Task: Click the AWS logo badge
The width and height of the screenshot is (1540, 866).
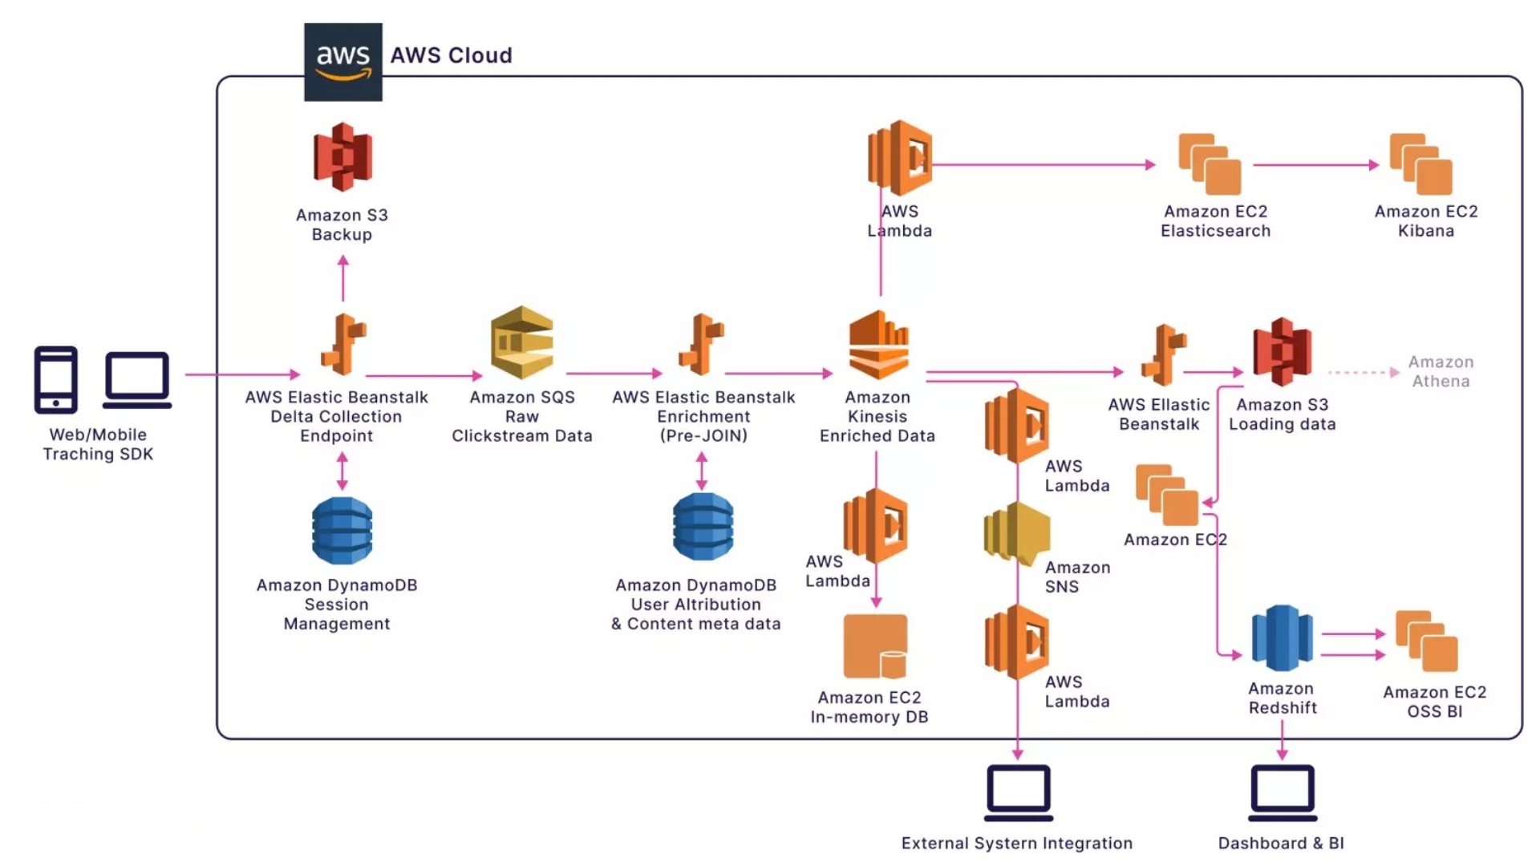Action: click(342, 62)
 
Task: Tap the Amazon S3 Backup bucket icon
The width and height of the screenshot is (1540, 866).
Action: click(342, 157)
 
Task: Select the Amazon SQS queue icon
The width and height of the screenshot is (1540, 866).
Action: click(522, 342)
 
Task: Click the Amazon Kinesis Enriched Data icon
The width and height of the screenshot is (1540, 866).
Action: click(878, 345)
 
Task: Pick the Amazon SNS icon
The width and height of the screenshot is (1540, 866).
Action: click(1016, 534)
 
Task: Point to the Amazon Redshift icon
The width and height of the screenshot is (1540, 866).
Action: click(1282, 638)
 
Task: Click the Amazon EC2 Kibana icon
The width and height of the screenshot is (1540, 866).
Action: click(1420, 164)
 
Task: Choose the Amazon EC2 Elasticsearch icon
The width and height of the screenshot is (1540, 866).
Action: click(1210, 164)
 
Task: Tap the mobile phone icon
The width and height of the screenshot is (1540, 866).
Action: click(56, 380)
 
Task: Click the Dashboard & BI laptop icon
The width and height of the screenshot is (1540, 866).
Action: click(1282, 793)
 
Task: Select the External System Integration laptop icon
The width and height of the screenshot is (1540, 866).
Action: click(1018, 793)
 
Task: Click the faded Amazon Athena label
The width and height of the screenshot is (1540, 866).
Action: click(1441, 372)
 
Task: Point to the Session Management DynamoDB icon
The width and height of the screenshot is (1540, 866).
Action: click(342, 530)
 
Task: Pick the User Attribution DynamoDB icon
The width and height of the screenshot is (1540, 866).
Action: click(703, 527)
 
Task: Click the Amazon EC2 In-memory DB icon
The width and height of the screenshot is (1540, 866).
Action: click(875, 646)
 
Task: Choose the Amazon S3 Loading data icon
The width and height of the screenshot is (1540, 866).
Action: click(1282, 351)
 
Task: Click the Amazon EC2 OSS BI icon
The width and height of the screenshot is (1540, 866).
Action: click(1426, 641)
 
